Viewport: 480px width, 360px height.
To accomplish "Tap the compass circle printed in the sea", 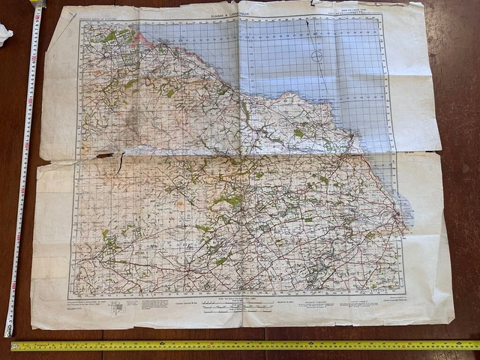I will (x=317, y=55).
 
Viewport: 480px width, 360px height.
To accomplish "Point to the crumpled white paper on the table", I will (x=4, y=33).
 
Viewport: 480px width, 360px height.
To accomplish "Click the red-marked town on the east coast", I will (x=397, y=218).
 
